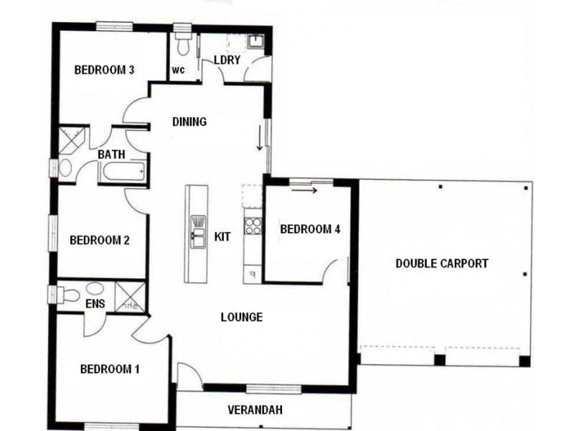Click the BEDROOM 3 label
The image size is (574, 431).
click(105, 70)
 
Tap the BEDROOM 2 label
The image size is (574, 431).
click(99, 240)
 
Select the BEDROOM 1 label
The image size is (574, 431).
click(109, 370)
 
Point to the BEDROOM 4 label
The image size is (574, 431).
click(309, 230)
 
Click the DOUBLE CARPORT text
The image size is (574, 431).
click(442, 264)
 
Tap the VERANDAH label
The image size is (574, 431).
click(255, 410)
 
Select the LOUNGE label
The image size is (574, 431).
click(241, 317)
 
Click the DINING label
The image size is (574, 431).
click(189, 122)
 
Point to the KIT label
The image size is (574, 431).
click(222, 236)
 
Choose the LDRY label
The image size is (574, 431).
click(227, 60)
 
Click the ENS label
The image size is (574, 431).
click(95, 304)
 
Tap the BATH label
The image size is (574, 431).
click(111, 154)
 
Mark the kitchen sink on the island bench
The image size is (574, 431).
click(197, 228)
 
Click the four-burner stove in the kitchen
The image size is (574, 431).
click(253, 226)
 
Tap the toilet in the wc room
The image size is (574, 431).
click(184, 45)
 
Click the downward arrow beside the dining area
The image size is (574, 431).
click(260, 138)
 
